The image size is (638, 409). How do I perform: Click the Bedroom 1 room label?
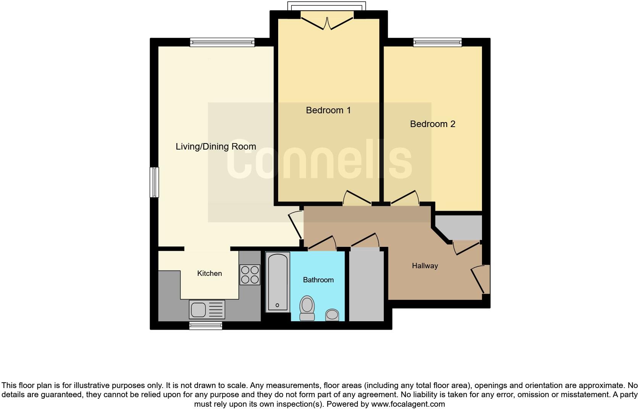coord(328,110)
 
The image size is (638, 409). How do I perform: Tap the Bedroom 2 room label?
coord(433,124)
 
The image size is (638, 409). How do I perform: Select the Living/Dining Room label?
coord(216,147)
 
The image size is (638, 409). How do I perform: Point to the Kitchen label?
coord(209,274)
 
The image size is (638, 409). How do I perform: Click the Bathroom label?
coord(318,280)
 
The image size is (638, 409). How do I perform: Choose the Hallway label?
coord(425,266)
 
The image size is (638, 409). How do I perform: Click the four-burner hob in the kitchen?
coord(250,275)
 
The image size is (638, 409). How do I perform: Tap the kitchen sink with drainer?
coord(207,309)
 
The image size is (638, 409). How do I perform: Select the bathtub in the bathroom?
coord(278,282)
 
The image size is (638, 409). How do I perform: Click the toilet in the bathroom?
coord(307,308)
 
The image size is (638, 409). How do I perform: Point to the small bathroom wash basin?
coord(332,315)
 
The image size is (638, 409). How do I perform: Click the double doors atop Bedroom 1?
coord(327,21)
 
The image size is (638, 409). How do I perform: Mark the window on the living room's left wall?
coord(154,182)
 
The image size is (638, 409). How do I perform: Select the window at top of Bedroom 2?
coord(438,42)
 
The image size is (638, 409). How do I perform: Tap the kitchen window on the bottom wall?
coord(206,325)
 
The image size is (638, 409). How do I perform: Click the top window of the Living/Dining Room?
coord(222,42)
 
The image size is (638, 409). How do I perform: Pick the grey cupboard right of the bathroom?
coord(366,285)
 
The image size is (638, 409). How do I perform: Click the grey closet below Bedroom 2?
coord(459,227)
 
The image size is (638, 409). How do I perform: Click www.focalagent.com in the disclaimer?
coord(408,404)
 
